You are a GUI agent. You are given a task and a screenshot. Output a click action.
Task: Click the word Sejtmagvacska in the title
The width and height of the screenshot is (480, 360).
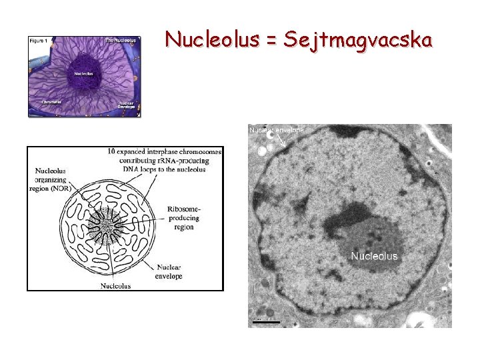pos(358,40)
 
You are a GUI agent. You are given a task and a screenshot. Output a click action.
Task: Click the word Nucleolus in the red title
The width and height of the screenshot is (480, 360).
pos(212,40)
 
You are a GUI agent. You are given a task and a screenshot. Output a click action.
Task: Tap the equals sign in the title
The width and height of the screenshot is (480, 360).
pos(271,41)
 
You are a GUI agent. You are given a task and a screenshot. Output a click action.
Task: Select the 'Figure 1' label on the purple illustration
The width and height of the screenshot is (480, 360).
pos(37,41)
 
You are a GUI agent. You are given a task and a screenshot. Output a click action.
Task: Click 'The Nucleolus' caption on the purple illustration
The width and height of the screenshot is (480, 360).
pos(121,41)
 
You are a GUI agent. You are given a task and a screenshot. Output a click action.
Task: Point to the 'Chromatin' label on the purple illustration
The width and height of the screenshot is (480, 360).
pos(52,102)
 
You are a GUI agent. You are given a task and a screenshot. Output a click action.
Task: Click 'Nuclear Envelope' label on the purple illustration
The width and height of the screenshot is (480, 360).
pos(126,104)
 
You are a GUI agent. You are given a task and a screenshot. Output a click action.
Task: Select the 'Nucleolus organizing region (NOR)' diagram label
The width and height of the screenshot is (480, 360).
pos(52,179)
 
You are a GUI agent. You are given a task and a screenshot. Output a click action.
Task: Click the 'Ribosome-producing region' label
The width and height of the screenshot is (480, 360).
pos(185,218)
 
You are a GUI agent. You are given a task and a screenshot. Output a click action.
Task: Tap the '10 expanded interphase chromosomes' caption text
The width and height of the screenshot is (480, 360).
pos(165,152)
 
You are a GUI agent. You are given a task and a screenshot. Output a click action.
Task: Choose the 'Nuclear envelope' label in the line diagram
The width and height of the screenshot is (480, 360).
pos(169,271)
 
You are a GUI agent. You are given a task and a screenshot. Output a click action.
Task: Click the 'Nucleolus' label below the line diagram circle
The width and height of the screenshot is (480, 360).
pos(115,286)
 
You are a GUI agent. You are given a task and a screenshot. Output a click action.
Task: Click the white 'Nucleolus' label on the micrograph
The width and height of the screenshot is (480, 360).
pos(374,256)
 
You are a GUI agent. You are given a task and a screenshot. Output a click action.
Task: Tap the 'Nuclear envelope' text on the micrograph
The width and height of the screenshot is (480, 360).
pos(276,130)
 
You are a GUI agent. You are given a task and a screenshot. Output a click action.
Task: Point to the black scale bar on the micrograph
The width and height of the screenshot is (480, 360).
pos(266,322)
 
